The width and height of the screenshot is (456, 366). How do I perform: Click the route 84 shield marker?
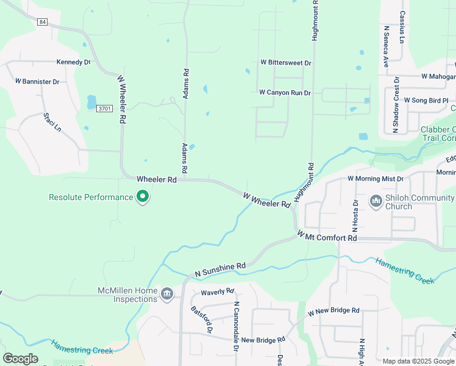pos(41,22)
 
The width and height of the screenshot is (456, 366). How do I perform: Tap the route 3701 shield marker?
pos(105,109)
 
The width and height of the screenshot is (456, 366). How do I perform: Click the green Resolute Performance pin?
pos(143,196)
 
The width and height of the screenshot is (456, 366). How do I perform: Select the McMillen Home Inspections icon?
pos(166,295)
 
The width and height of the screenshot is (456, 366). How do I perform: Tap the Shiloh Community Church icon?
pos(375,200)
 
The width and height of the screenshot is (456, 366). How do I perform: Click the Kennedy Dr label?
pos(73,62)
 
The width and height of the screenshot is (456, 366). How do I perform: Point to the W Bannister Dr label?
pos(37,81)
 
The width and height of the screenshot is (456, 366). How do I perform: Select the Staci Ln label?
pos(52,122)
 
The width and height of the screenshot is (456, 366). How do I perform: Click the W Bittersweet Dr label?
pos(285,63)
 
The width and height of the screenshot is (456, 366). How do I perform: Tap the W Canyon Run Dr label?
pos(285,93)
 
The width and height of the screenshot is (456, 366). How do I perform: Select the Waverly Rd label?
pos(217,292)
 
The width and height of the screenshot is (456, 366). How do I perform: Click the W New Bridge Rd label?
pos(333,311)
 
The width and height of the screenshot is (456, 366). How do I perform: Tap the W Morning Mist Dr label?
pos(376,179)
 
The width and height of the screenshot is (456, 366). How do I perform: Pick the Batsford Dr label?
pos(202,319)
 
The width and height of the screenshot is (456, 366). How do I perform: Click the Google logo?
pos(20,358)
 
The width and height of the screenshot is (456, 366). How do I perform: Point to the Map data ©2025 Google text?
pos(418,361)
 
